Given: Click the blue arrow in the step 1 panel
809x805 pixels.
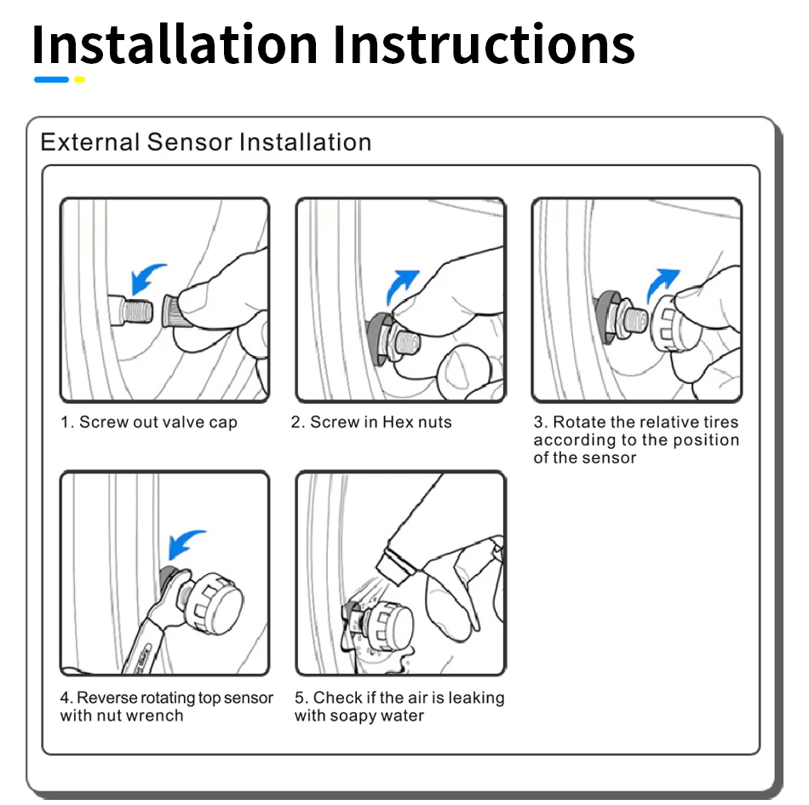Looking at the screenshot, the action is point(145,277).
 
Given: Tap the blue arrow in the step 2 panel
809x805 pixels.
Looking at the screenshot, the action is point(400,285).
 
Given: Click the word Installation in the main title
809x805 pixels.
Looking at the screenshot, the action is point(175,44).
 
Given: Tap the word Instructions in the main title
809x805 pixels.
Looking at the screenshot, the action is point(484,44).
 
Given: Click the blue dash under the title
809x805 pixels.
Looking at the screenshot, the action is point(51,79).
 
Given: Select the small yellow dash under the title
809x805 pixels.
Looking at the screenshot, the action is point(79,79).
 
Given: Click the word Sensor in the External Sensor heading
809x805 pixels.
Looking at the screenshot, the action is point(189,142).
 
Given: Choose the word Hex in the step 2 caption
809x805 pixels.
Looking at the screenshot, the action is point(398,423).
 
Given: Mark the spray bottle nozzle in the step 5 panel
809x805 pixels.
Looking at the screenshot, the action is point(396,566).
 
